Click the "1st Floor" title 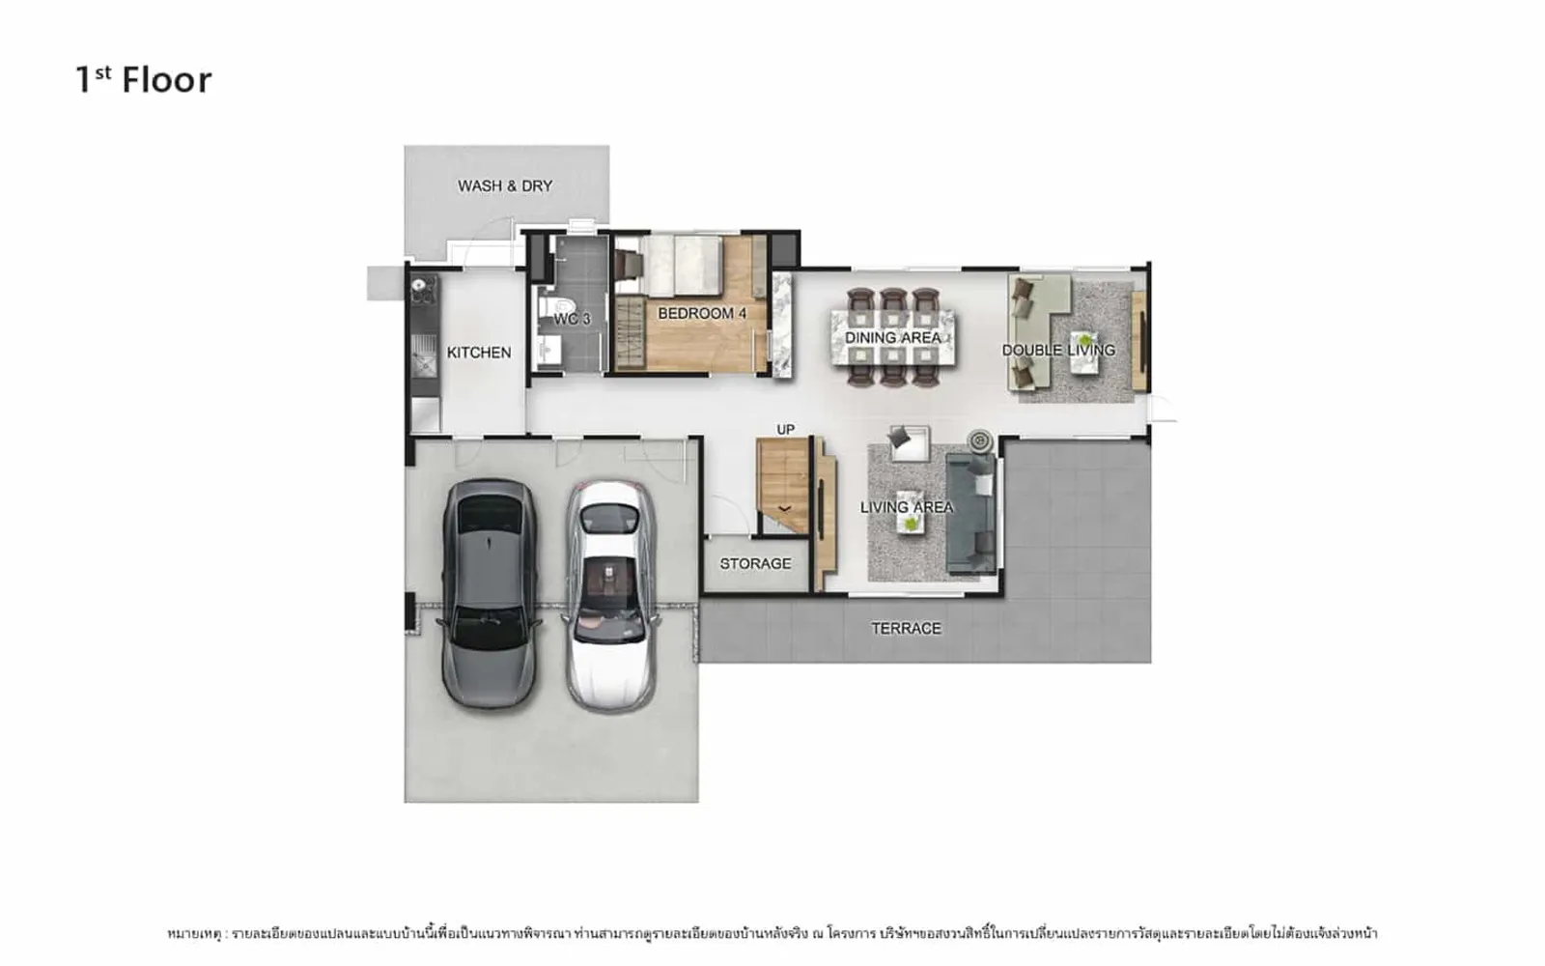[x=144, y=79]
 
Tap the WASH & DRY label [x=505, y=186]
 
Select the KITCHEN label [x=479, y=353]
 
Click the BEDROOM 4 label [x=701, y=313]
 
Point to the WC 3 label [x=572, y=319]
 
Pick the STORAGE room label [x=755, y=564]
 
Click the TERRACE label [x=906, y=629]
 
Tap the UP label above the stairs [x=786, y=430]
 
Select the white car [x=611, y=597]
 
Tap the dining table [x=893, y=337]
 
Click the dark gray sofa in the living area [x=970, y=514]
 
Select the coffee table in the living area [x=911, y=511]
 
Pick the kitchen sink [x=424, y=356]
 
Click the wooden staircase [x=783, y=485]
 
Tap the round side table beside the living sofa [x=980, y=440]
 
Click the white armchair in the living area [x=909, y=443]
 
